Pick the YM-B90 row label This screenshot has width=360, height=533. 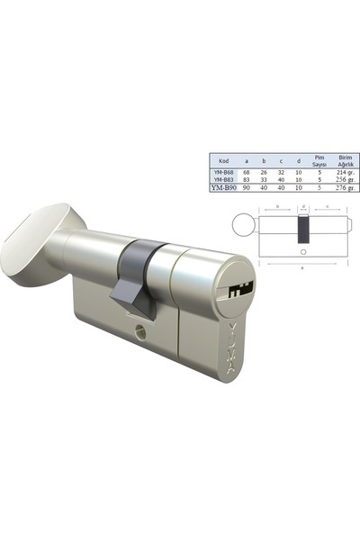tap(224, 188)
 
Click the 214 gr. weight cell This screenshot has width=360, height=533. tap(342, 172)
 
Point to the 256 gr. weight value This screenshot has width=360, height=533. tap(342, 180)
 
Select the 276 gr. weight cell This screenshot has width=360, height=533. tap(342, 188)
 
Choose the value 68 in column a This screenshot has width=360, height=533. tap(247, 172)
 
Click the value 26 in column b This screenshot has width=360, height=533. tap(264, 172)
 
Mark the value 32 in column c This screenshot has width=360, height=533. tap(281, 172)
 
